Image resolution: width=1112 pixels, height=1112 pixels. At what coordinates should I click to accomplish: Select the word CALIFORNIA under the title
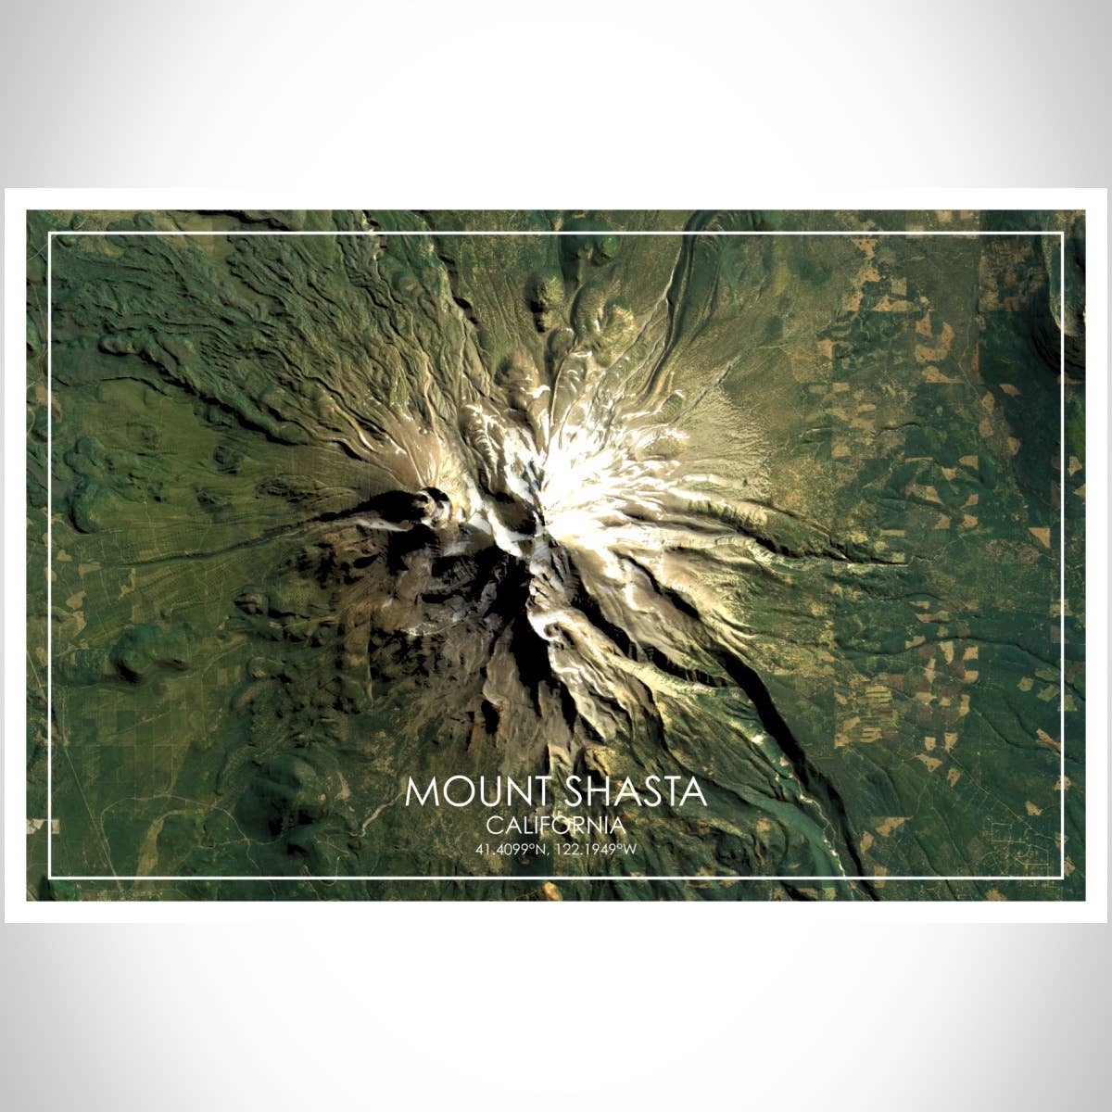click(x=556, y=825)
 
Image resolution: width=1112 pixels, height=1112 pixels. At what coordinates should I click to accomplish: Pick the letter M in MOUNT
click(x=421, y=792)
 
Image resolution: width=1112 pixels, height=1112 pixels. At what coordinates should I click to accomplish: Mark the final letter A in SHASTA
click(x=693, y=792)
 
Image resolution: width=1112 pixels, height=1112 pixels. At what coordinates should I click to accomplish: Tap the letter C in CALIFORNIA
click(x=493, y=825)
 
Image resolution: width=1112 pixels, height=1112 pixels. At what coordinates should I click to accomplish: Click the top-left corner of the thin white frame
click(x=50, y=234)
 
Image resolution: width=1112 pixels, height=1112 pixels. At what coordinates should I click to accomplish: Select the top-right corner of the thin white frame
click(x=1062, y=234)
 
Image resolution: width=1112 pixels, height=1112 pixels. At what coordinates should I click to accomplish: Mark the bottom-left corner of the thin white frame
click(x=50, y=877)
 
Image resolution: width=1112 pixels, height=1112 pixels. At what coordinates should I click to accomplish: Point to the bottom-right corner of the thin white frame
click(x=1062, y=877)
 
